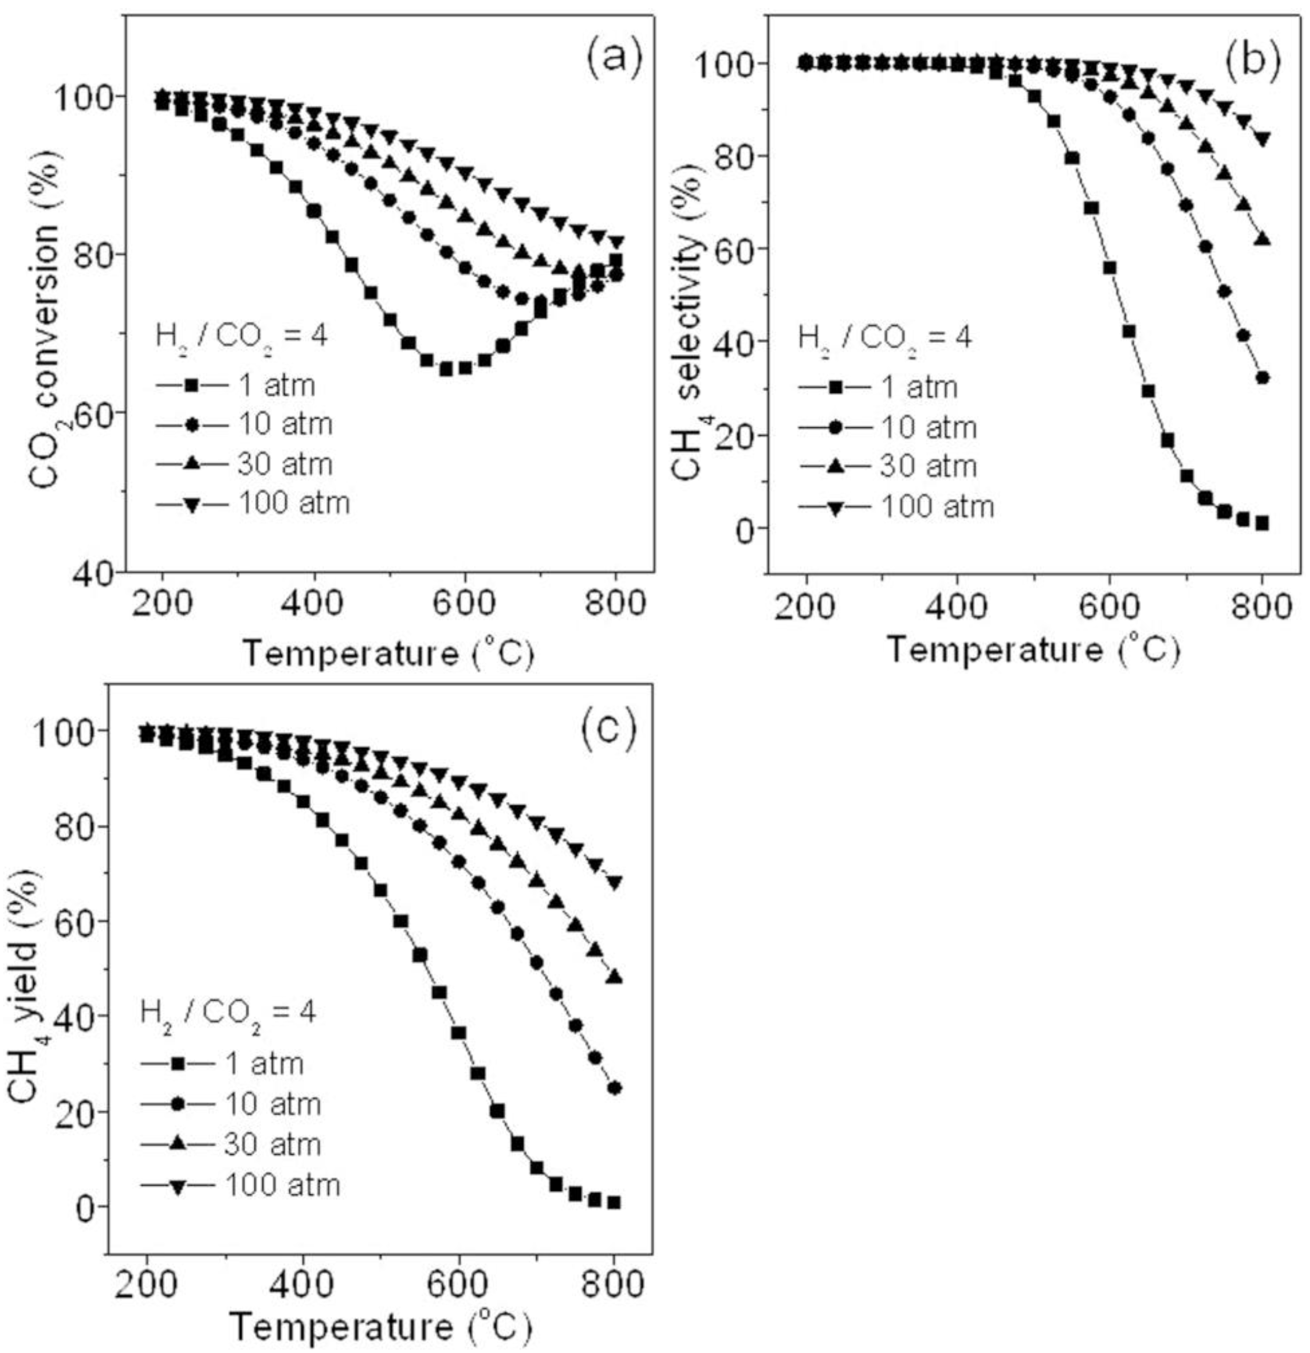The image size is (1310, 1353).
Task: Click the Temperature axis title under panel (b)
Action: [1032, 650]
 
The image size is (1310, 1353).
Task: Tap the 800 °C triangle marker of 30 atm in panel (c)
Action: [614, 977]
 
